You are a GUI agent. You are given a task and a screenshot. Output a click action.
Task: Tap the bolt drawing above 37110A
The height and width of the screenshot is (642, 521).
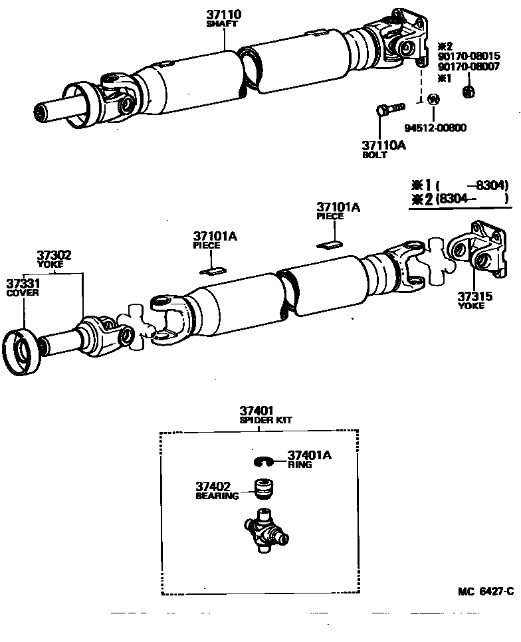tap(389, 108)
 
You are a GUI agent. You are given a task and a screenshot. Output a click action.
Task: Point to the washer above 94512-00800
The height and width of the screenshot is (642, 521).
tap(433, 100)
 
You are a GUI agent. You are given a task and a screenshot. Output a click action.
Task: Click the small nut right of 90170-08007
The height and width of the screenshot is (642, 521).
tap(467, 91)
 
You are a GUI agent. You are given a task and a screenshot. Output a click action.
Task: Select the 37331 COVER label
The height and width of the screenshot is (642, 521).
tap(23, 287)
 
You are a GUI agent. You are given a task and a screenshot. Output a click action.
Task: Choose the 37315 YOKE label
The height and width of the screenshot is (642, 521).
tap(474, 300)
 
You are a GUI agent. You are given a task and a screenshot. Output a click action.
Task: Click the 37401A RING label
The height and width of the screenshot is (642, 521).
tap(308, 459)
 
